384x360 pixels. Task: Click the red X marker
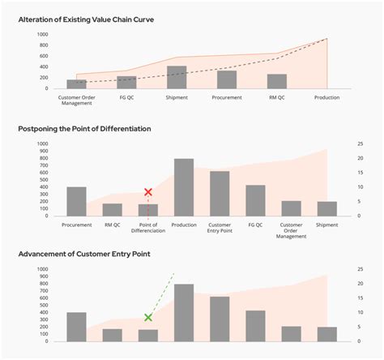pyautogui.click(x=148, y=192)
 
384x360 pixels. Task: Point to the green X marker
pyautogui.click(x=148, y=318)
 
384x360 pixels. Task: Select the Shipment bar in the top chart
pyautogui.click(x=177, y=77)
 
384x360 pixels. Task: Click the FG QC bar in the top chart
pyautogui.click(x=126, y=82)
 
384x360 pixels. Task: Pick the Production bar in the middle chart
pyautogui.click(x=184, y=187)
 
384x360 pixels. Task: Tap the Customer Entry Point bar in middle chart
pyautogui.click(x=220, y=194)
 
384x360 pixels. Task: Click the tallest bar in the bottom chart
pyautogui.click(x=184, y=312)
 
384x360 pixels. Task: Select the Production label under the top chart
pyautogui.click(x=326, y=97)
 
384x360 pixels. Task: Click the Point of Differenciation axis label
pyautogui.click(x=148, y=228)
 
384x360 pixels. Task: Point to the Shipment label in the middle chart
pyautogui.click(x=326, y=225)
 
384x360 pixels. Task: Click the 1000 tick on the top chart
pyautogui.click(x=41, y=35)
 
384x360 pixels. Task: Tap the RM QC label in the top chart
pyautogui.click(x=277, y=97)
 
